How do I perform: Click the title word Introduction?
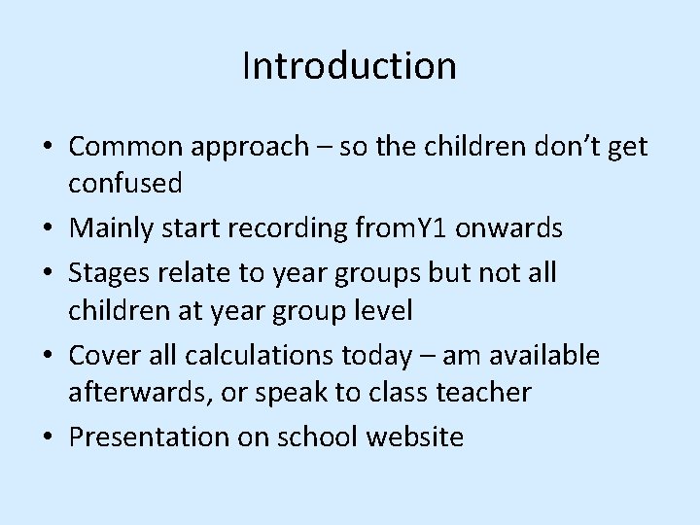coord(349,66)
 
